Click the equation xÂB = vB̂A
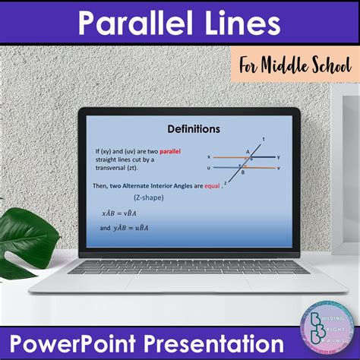[x=125, y=213]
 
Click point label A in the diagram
[x=248, y=152]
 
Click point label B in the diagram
[x=242, y=172]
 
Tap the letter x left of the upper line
[x=209, y=157]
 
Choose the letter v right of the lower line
[x=279, y=167]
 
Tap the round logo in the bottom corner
[x=326, y=322]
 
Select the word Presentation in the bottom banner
[x=220, y=342]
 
